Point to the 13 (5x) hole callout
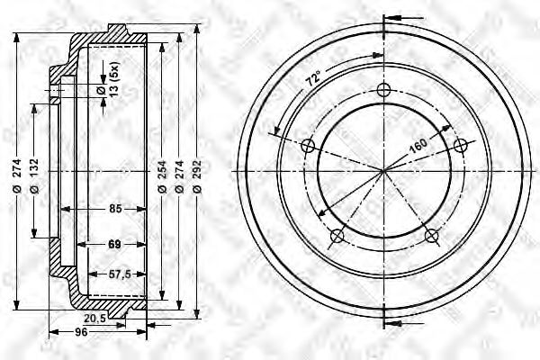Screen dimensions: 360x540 pyautogui.click(x=113, y=81)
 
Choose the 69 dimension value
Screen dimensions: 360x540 pyautogui.click(x=114, y=244)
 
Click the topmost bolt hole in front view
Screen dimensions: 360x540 pyautogui.click(x=384, y=89)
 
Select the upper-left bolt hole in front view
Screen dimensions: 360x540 pyautogui.click(x=308, y=146)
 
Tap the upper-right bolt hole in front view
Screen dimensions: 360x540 pyautogui.click(x=462, y=146)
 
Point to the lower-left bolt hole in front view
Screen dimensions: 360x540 pyautogui.click(x=337, y=236)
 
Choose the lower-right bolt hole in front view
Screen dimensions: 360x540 pyautogui.click(x=432, y=236)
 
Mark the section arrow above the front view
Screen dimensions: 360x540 pyautogui.click(x=394, y=18)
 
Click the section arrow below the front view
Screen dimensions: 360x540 pyautogui.click(x=394, y=322)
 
